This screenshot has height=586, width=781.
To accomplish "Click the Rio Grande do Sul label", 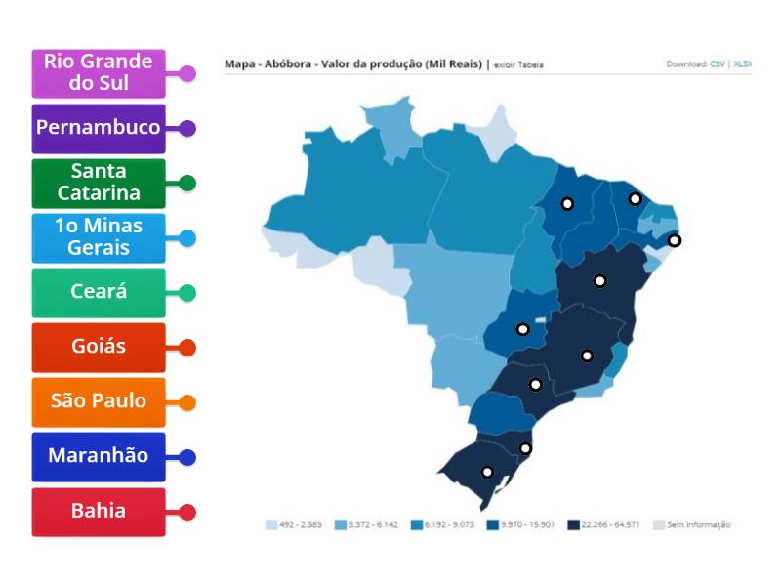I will [x=98, y=73].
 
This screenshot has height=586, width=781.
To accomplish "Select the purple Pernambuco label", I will [x=98, y=128].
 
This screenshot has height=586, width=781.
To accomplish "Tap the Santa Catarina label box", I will [x=98, y=183].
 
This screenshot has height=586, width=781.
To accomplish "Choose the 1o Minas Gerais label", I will [x=98, y=237].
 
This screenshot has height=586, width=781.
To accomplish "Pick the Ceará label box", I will [x=98, y=292].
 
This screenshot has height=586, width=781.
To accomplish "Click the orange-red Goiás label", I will [x=98, y=347].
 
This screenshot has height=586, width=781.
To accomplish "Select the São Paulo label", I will [x=98, y=401].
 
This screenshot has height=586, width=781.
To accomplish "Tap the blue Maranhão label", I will [x=98, y=456].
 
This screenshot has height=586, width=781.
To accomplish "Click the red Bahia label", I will [x=98, y=511].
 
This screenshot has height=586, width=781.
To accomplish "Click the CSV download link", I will [x=717, y=64].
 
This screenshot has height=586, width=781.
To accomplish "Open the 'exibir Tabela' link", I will [x=517, y=65].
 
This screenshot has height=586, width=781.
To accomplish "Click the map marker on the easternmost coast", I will [x=674, y=240].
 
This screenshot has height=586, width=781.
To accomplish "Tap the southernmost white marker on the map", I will [x=487, y=473].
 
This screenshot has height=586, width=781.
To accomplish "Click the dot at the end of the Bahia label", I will [x=188, y=512].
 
